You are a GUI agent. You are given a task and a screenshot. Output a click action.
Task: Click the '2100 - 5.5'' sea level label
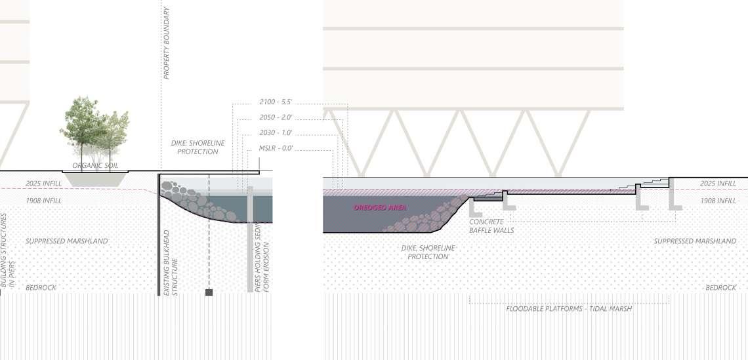(x=275, y=102)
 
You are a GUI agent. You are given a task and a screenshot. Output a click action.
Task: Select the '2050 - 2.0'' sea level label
(x=275, y=118)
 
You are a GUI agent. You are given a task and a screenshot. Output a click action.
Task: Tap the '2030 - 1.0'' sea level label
(x=275, y=133)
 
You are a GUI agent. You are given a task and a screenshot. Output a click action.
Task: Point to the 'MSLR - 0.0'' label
(x=276, y=149)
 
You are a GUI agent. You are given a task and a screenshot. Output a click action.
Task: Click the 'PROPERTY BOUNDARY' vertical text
(x=167, y=43)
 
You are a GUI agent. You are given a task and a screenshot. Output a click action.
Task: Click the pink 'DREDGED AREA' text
(x=381, y=207)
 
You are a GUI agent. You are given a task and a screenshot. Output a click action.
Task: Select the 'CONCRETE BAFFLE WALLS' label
(x=491, y=226)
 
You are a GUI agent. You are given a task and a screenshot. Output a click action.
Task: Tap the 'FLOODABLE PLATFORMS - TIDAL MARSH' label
(x=569, y=308)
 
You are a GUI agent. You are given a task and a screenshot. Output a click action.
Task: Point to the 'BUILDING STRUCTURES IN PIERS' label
(x=7, y=251)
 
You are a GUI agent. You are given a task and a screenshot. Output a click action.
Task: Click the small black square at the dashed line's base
(x=209, y=292)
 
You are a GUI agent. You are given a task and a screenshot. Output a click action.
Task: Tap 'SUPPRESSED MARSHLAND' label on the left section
(x=67, y=241)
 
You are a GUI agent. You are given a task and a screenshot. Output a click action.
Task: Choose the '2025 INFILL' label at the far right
(x=718, y=184)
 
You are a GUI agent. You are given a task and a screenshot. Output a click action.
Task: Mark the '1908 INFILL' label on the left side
(x=43, y=201)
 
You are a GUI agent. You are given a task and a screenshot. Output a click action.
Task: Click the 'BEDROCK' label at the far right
(x=720, y=288)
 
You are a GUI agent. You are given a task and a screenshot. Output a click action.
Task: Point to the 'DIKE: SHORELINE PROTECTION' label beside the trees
(x=190, y=147)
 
